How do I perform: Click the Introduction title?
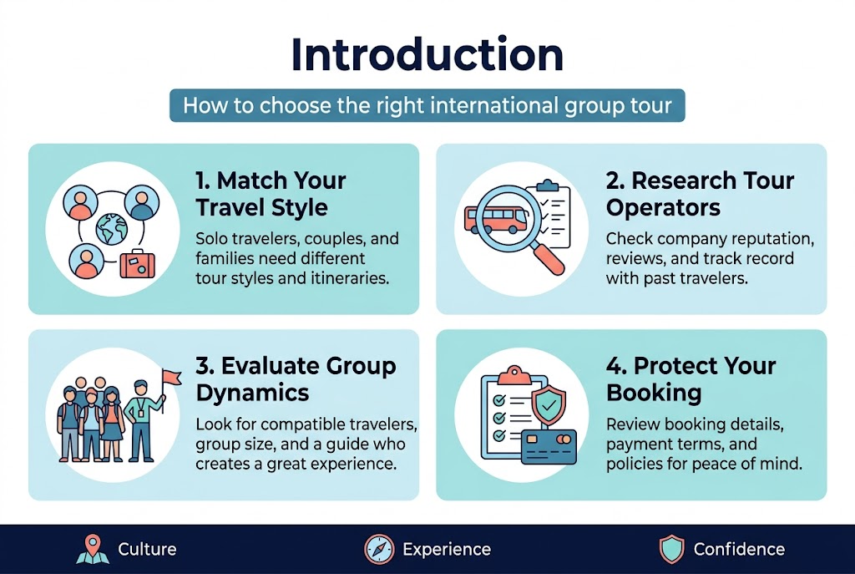[427, 55]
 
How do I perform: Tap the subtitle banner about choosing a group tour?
[427, 106]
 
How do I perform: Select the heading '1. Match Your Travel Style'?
[271, 193]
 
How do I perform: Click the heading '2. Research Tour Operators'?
[700, 193]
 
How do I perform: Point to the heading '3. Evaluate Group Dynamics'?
[296, 378]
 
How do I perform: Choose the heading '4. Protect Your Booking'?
[691, 378]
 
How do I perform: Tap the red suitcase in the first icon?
[135, 264]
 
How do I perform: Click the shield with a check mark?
[548, 406]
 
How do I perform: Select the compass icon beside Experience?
[379, 549]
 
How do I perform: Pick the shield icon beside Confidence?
[671, 549]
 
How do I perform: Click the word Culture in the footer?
[147, 549]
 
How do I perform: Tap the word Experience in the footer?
[446, 549]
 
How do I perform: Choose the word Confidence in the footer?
[739, 549]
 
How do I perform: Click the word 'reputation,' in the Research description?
[772, 239]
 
